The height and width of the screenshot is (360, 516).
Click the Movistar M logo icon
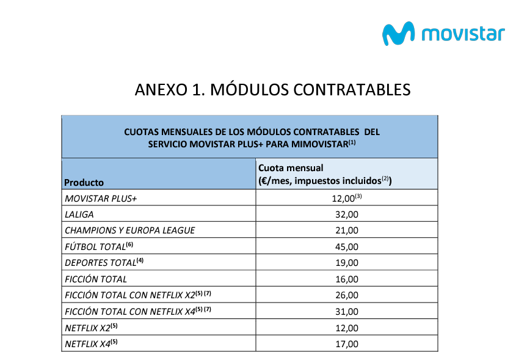point(398,33)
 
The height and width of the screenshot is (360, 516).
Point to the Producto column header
point(84,182)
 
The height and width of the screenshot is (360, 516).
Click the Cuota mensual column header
point(291,167)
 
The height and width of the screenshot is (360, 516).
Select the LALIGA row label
point(79,215)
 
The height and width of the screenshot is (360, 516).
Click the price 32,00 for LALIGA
point(346,215)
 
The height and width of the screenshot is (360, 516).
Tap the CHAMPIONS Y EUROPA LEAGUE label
point(129,230)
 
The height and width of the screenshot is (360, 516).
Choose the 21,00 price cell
point(346,230)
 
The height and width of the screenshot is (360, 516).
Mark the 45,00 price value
point(346,246)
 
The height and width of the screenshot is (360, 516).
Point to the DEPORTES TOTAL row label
point(101,263)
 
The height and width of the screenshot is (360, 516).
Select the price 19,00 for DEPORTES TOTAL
point(346,263)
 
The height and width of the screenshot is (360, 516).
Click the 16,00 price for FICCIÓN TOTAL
point(346,279)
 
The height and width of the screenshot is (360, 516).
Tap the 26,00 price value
point(346,295)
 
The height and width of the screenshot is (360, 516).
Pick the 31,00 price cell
point(346,312)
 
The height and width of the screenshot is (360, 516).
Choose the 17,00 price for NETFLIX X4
point(346,344)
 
